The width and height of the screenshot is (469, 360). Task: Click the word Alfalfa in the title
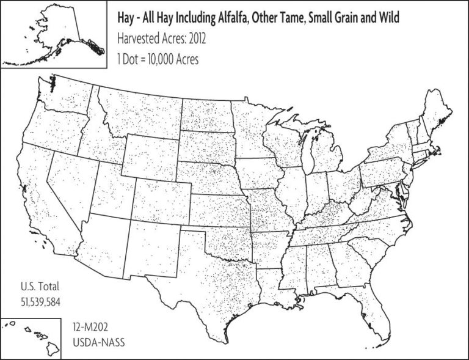tap(241, 18)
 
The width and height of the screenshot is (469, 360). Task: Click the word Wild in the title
tap(388, 18)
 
